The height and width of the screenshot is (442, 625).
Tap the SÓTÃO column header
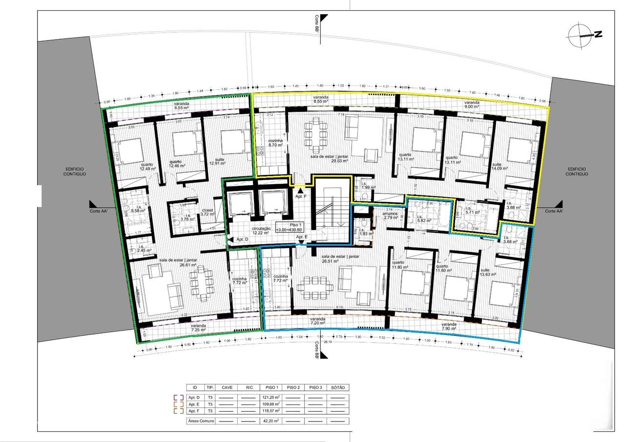coord(337,387)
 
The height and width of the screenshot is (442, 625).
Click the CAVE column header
coord(227,387)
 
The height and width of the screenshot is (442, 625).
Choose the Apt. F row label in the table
coord(194,411)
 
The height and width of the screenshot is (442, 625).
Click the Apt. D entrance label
coord(242,239)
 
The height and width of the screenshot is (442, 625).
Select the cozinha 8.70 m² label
coord(276,143)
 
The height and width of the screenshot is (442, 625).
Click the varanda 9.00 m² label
coord(472,105)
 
